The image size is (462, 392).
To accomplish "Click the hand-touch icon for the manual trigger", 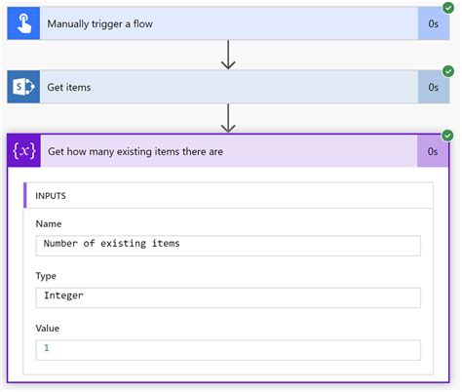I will [23, 23].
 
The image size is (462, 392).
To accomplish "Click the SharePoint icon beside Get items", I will [23, 87].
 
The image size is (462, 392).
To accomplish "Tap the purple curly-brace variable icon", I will [23, 151].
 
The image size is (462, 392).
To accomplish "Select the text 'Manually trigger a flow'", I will [99, 23].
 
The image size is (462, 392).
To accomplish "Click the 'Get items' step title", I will [69, 87].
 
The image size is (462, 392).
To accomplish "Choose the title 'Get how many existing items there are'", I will [135, 151].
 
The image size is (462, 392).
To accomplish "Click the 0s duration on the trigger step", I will [433, 23].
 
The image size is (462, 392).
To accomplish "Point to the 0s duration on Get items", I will [433, 87].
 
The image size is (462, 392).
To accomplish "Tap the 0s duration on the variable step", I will [433, 151].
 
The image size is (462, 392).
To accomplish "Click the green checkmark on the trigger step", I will [447, 8].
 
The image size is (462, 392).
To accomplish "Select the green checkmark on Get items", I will [447, 71].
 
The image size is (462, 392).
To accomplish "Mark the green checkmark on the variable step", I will [447, 136].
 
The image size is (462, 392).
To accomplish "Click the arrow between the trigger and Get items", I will [228, 55].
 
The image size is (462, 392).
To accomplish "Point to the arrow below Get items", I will [228, 118].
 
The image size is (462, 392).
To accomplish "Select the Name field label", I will [49, 223].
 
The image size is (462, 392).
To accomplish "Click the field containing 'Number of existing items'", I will [228, 244].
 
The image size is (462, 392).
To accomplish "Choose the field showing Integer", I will [228, 296].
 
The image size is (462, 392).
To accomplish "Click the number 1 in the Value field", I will [46, 348].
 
